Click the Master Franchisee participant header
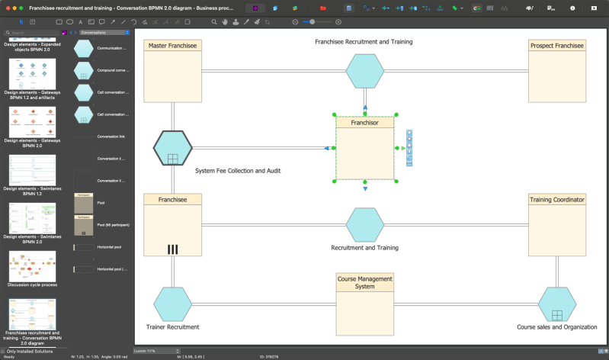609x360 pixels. coord(172,46)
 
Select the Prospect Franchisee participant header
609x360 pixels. coord(556,46)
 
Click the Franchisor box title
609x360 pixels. coord(364,122)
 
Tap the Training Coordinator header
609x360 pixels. coord(556,200)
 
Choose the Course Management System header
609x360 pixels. coord(365,282)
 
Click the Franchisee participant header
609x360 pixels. coord(172,200)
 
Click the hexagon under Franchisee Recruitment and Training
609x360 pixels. coord(365,72)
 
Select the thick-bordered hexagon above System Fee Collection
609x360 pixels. coord(172,148)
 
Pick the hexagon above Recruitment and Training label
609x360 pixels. coord(365,225)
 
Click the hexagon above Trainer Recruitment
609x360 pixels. coord(172,304)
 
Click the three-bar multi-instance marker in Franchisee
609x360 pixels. coord(172,249)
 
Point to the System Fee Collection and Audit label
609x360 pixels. coord(238,171)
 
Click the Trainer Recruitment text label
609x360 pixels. coord(172,327)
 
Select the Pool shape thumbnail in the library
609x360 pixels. coord(84,204)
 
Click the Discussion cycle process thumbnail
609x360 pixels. coord(32,267)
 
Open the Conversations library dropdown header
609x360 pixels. coord(104,33)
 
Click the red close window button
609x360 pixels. coord(6,7)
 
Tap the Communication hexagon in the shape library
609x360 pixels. coord(84,48)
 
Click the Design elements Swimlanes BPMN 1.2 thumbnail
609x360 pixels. coord(32,169)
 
